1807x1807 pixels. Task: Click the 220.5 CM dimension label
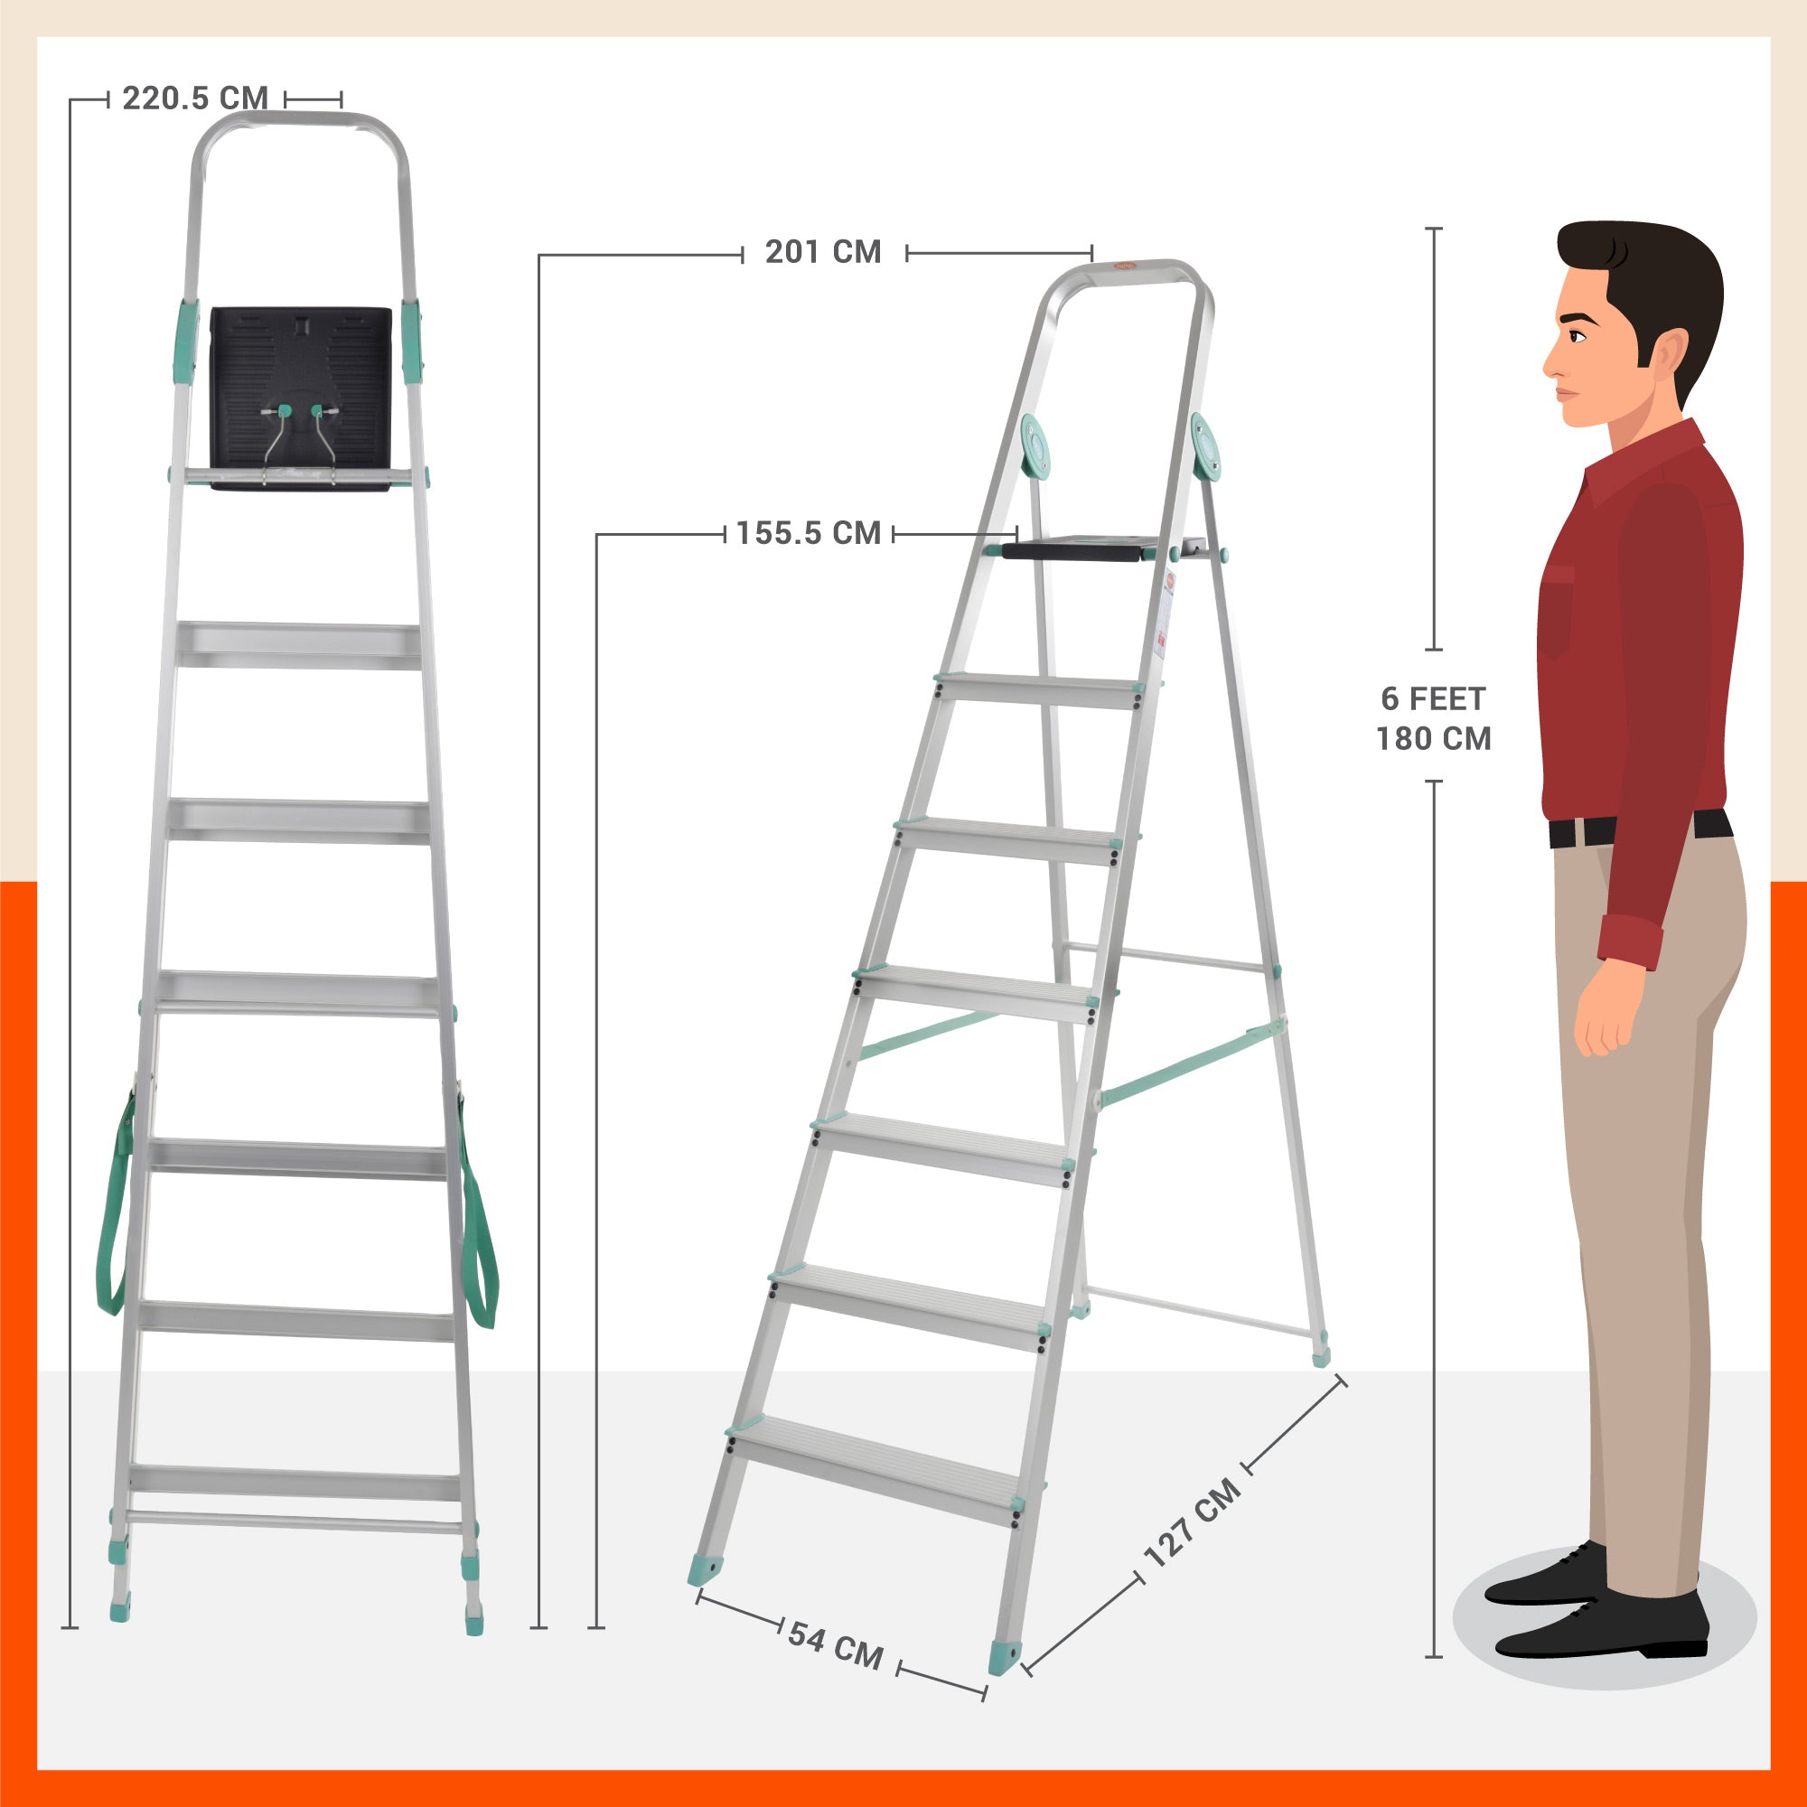click(194, 98)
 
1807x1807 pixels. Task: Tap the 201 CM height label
click(823, 253)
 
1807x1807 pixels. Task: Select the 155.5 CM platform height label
click(808, 534)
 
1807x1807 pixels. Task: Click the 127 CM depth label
click(1193, 1523)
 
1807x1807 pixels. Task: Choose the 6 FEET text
click(1433, 698)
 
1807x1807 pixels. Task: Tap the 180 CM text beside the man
click(1433, 739)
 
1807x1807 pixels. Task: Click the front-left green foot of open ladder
click(706, 1570)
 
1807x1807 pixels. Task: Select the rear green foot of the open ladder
click(1320, 1353)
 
